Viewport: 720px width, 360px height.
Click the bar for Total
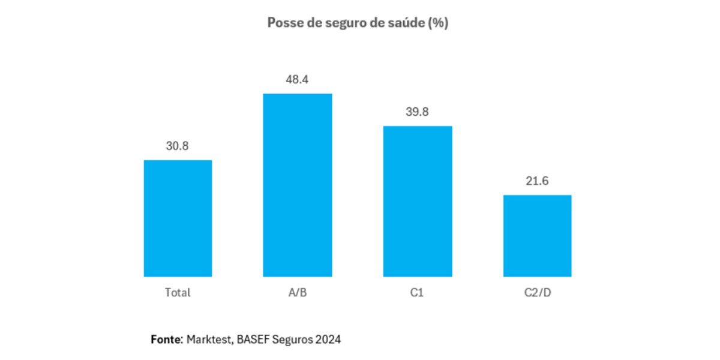tap(178, 218)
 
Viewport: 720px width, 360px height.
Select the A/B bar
tap(298, 185)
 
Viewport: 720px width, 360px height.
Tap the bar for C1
tap(418, 201)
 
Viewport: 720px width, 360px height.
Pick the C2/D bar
tap(537, 236)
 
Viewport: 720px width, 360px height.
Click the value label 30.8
tap(178, 146)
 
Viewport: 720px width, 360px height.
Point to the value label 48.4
tap(298, 79)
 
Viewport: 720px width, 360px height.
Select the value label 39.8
tap(418, 112)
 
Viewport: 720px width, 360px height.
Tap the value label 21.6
tap(537, 181)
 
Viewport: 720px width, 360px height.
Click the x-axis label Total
tap(178, 293)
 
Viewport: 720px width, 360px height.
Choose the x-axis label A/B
tap(298, 293)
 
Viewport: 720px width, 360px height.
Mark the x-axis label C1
tap(418, 293)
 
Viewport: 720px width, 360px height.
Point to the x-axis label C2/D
tap(537, 293)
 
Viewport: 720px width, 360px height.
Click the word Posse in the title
tap(282, 23)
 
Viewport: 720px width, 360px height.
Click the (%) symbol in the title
tap(439, 23)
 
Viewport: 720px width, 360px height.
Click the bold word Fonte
tap(165, 340)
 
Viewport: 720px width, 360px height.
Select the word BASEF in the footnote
tap(253, 340)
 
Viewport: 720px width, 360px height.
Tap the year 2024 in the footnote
tap(328, 340)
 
